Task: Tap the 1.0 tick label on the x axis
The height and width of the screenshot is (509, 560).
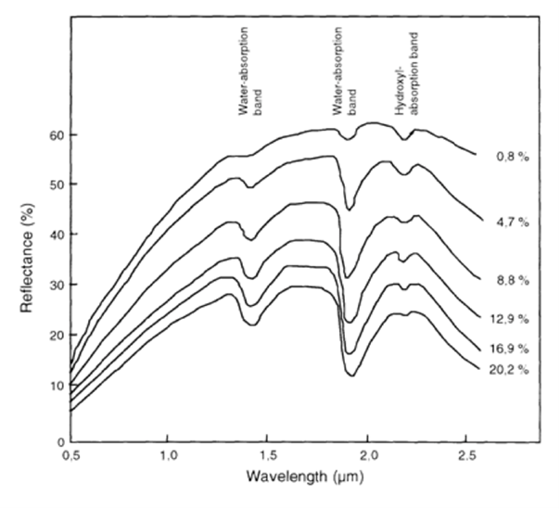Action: [x=168, y=456]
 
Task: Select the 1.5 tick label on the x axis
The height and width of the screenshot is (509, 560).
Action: [x=268, y=456]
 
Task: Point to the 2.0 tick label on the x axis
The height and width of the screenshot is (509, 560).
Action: [x=368, y=456]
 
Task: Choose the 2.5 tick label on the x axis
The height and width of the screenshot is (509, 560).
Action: [x=468, y=456]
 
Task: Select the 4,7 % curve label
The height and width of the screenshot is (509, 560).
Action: [x=513, y=224]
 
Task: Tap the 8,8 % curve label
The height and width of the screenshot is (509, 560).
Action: [x=513, y=278]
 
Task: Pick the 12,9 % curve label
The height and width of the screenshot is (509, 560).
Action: [x=511, y=318]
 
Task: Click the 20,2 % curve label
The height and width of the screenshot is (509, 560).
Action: [x=511, y=369]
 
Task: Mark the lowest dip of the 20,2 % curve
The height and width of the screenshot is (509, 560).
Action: [x=352, y=375]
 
